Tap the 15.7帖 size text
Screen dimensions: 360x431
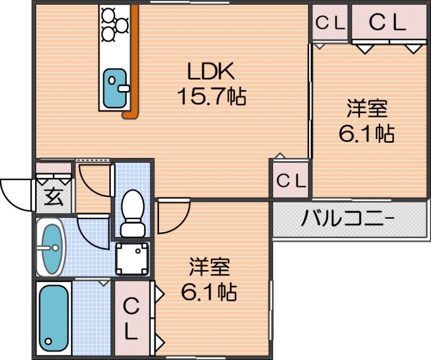[x=211, y=96]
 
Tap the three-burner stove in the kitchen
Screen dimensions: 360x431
[x=115, y=24]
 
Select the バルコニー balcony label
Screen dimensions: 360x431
[x=347, y=219]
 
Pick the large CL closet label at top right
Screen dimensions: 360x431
[x=386, y=23]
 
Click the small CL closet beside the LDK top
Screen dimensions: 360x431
[x=329, y=23]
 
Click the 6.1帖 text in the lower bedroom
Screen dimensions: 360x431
[x=209, y=292]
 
